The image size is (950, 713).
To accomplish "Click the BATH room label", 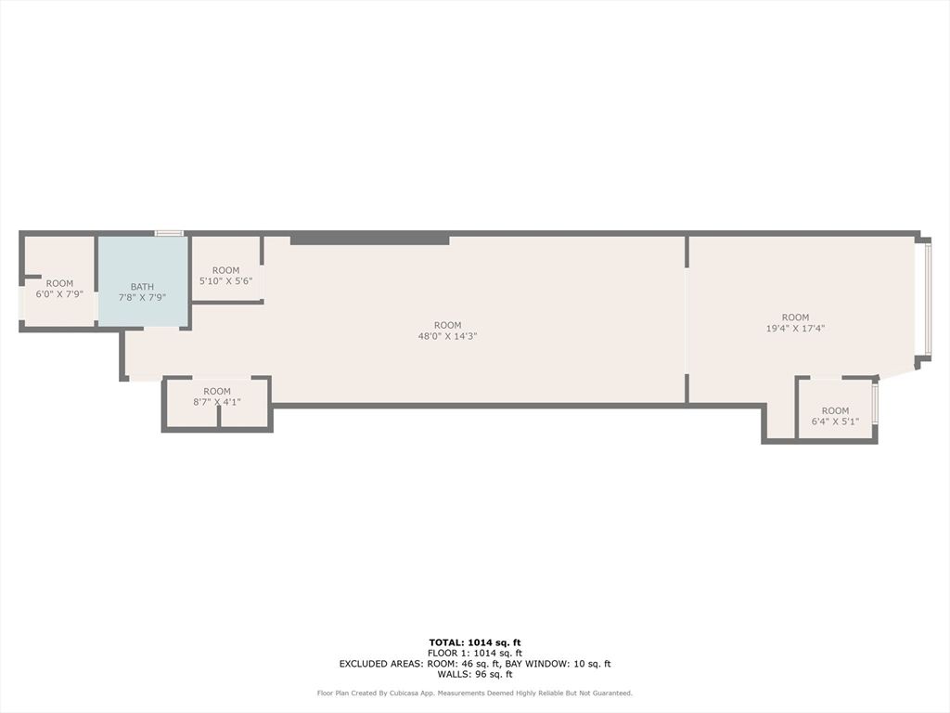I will coord(142,287).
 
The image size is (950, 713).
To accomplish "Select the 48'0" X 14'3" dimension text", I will coord(447,336).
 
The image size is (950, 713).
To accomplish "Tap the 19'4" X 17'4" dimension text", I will coord(795,328).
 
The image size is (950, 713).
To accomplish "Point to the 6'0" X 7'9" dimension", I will coord(59,294).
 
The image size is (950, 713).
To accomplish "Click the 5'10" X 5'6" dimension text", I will coord(225,281).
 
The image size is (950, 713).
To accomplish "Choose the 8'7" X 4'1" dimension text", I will coord(217,402).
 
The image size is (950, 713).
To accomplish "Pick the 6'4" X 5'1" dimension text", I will coord(835,421).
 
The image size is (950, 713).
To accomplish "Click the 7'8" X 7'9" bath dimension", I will coord(142,298).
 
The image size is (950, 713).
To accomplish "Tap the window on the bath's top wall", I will coord(169,233).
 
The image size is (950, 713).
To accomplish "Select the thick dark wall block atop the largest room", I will coord(369,240).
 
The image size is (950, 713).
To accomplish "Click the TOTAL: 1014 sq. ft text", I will coord(475,642).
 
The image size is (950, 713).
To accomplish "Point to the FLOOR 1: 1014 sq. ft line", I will coord(475,654).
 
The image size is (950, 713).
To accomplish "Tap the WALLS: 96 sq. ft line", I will coord(475,674).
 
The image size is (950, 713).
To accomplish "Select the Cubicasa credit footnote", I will coord(475,693).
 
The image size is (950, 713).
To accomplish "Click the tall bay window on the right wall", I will coord(924,299).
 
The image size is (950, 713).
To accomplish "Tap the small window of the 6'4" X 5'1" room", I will coord(875,404).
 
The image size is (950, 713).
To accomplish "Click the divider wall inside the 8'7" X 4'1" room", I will coord(219,417).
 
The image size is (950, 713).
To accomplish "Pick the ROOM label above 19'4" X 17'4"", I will coord(795,317).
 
